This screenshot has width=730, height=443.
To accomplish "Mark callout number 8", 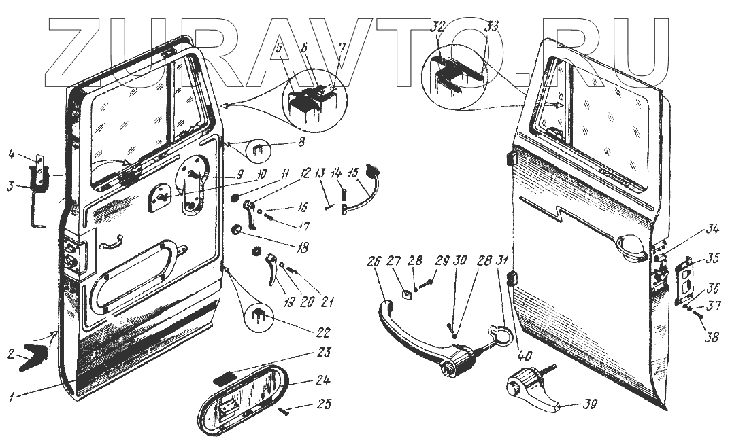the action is click(301, 142).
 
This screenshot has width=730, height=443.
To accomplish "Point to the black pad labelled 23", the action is click(226, 376).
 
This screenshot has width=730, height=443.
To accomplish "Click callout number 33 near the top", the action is click(491, 28).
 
